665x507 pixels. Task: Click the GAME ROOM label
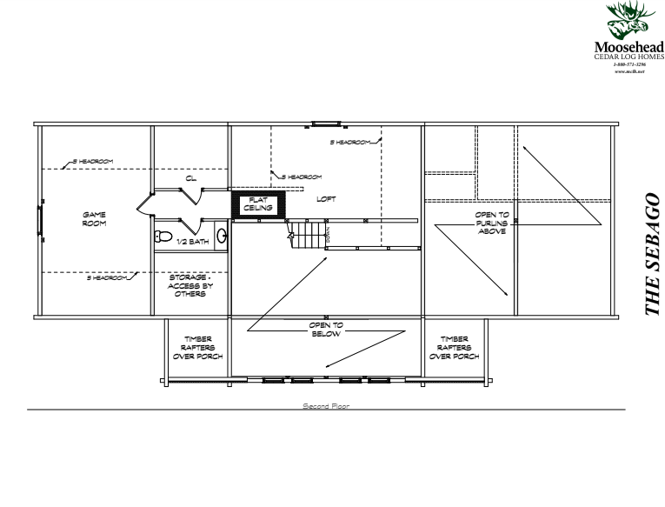93,218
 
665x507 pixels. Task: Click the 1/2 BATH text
193,241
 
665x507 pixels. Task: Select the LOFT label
326,198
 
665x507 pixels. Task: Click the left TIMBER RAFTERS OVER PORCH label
196,348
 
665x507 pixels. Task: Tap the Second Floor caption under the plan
326,405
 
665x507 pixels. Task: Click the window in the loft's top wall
326,123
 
